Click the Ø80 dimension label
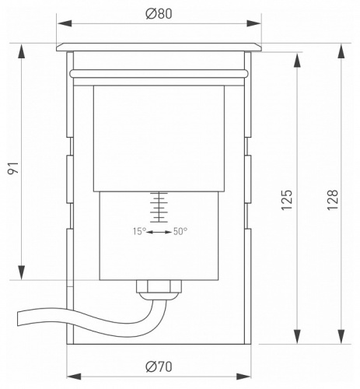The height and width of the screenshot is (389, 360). click(x=159, y=13)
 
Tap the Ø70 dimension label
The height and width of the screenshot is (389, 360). click(x=159, y=366)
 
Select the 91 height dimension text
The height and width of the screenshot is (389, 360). click(x=13, y=168)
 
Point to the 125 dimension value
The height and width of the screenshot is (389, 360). click(x=287, y=200)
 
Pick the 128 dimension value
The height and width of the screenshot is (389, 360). click(x=333, y=200)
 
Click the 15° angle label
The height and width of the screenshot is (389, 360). click(x=139, y=231)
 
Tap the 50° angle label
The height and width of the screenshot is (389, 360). click(x=180, y=231)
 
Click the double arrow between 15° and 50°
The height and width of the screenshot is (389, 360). click(x=159, y=232)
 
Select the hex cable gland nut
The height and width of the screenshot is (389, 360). click(x=159, y=286)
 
